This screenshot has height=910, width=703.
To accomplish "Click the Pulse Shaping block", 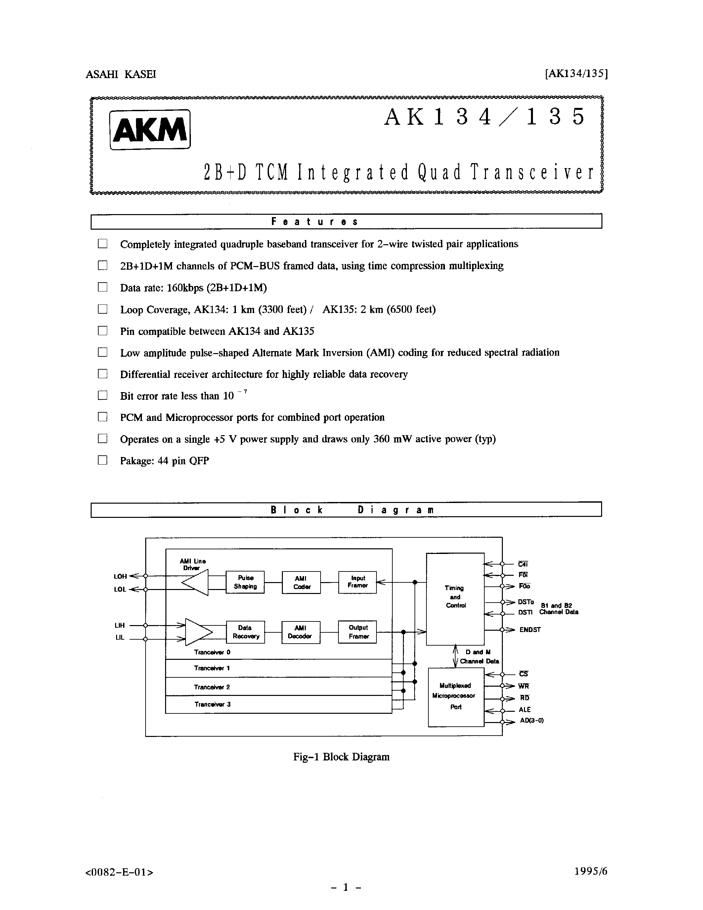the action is (x=245, y=582).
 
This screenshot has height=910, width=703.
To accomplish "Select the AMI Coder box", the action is (x=301, y=582).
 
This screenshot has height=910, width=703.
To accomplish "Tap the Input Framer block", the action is (x=357, y=582).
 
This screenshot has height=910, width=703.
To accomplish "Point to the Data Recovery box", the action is (x=245, y=632).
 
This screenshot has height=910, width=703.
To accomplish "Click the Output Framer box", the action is (x=357, y=632).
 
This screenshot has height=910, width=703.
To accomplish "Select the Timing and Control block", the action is (x=455, y=599).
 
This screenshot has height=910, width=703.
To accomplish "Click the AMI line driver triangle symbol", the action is (x=196, y=582).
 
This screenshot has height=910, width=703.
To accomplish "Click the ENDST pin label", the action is (x=530, y=630).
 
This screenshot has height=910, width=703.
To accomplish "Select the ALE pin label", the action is (x=525, y=709).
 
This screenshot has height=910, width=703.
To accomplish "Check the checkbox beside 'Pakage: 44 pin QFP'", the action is (x=103, y=460).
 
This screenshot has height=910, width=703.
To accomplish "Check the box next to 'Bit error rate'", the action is (x=103, y=395).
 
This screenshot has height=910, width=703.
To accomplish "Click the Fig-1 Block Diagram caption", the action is (x=341, y=757).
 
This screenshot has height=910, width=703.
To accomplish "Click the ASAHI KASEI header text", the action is (x=121, y=74).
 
